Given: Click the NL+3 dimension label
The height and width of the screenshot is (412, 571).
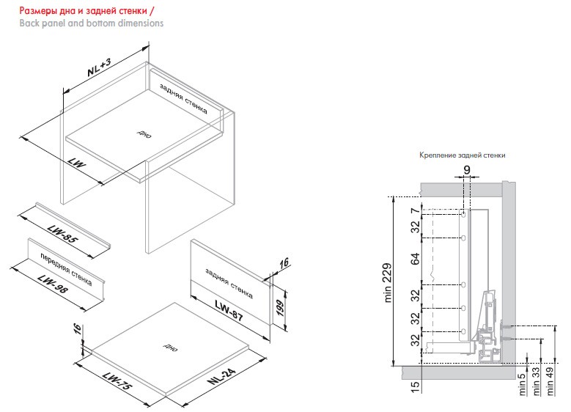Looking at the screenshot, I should coord(98,70).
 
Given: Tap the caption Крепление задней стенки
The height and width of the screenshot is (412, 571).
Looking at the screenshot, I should coord(463,155).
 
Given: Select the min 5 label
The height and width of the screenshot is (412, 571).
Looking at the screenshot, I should coord(522,385).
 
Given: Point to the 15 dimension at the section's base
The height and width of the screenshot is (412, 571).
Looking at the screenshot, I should coord(414,386).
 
